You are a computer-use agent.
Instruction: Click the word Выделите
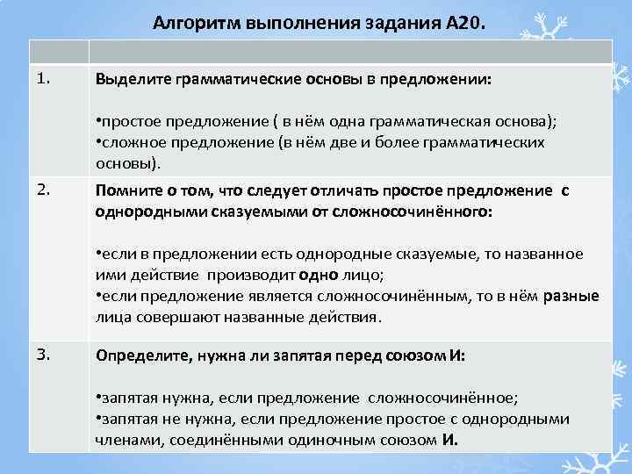pos(133,80)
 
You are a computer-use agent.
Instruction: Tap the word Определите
pos(140,356)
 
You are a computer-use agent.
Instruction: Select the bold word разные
pos(571,295)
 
